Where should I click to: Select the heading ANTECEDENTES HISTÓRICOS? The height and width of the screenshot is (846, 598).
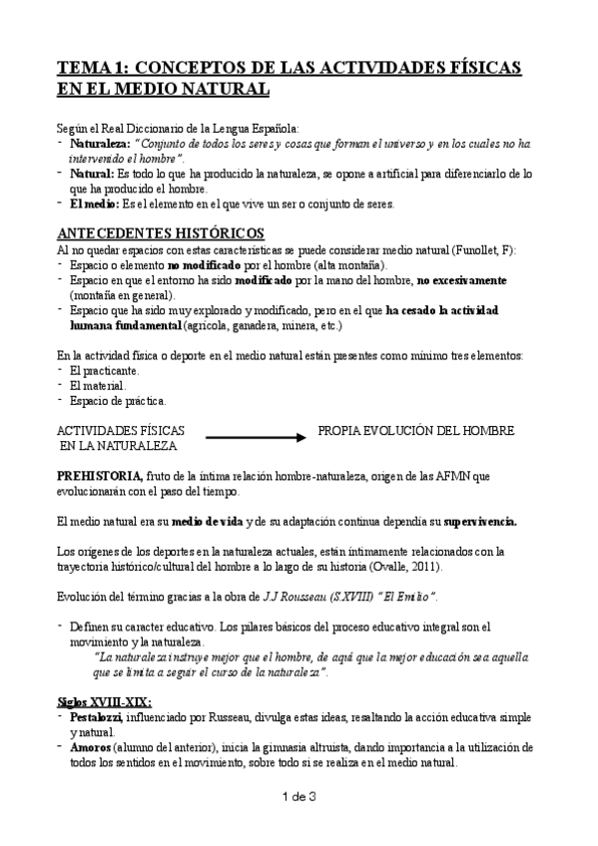(x=160, y=232)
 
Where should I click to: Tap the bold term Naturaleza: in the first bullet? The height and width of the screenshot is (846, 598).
(x=103, y=146)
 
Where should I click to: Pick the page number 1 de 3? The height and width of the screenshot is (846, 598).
(x=299, y=823)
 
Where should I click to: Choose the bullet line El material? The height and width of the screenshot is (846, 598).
(x=98, y=385)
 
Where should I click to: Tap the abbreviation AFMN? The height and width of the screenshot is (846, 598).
(x=453, y=475)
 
